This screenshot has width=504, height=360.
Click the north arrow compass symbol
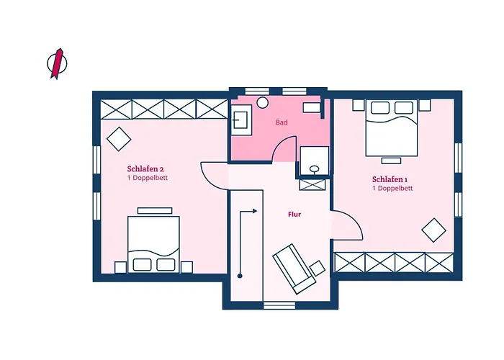57,63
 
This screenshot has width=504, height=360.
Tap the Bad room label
282,122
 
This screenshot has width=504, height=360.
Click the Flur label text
294,215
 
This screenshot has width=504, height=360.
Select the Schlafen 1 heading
390,179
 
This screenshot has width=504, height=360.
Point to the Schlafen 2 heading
145,168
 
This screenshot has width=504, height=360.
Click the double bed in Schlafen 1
392,128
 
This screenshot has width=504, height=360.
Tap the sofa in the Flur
294,269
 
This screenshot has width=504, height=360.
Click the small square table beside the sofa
318,267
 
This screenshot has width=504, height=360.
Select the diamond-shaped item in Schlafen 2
119,139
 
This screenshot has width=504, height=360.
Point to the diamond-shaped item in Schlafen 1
433,230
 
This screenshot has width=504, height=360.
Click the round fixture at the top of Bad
263,102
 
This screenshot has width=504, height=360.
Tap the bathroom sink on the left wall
241,120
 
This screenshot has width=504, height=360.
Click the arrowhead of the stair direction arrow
255,211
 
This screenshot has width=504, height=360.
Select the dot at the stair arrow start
240,276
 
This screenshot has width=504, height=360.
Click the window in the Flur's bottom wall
279,305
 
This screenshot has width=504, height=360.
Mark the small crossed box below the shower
312,185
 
